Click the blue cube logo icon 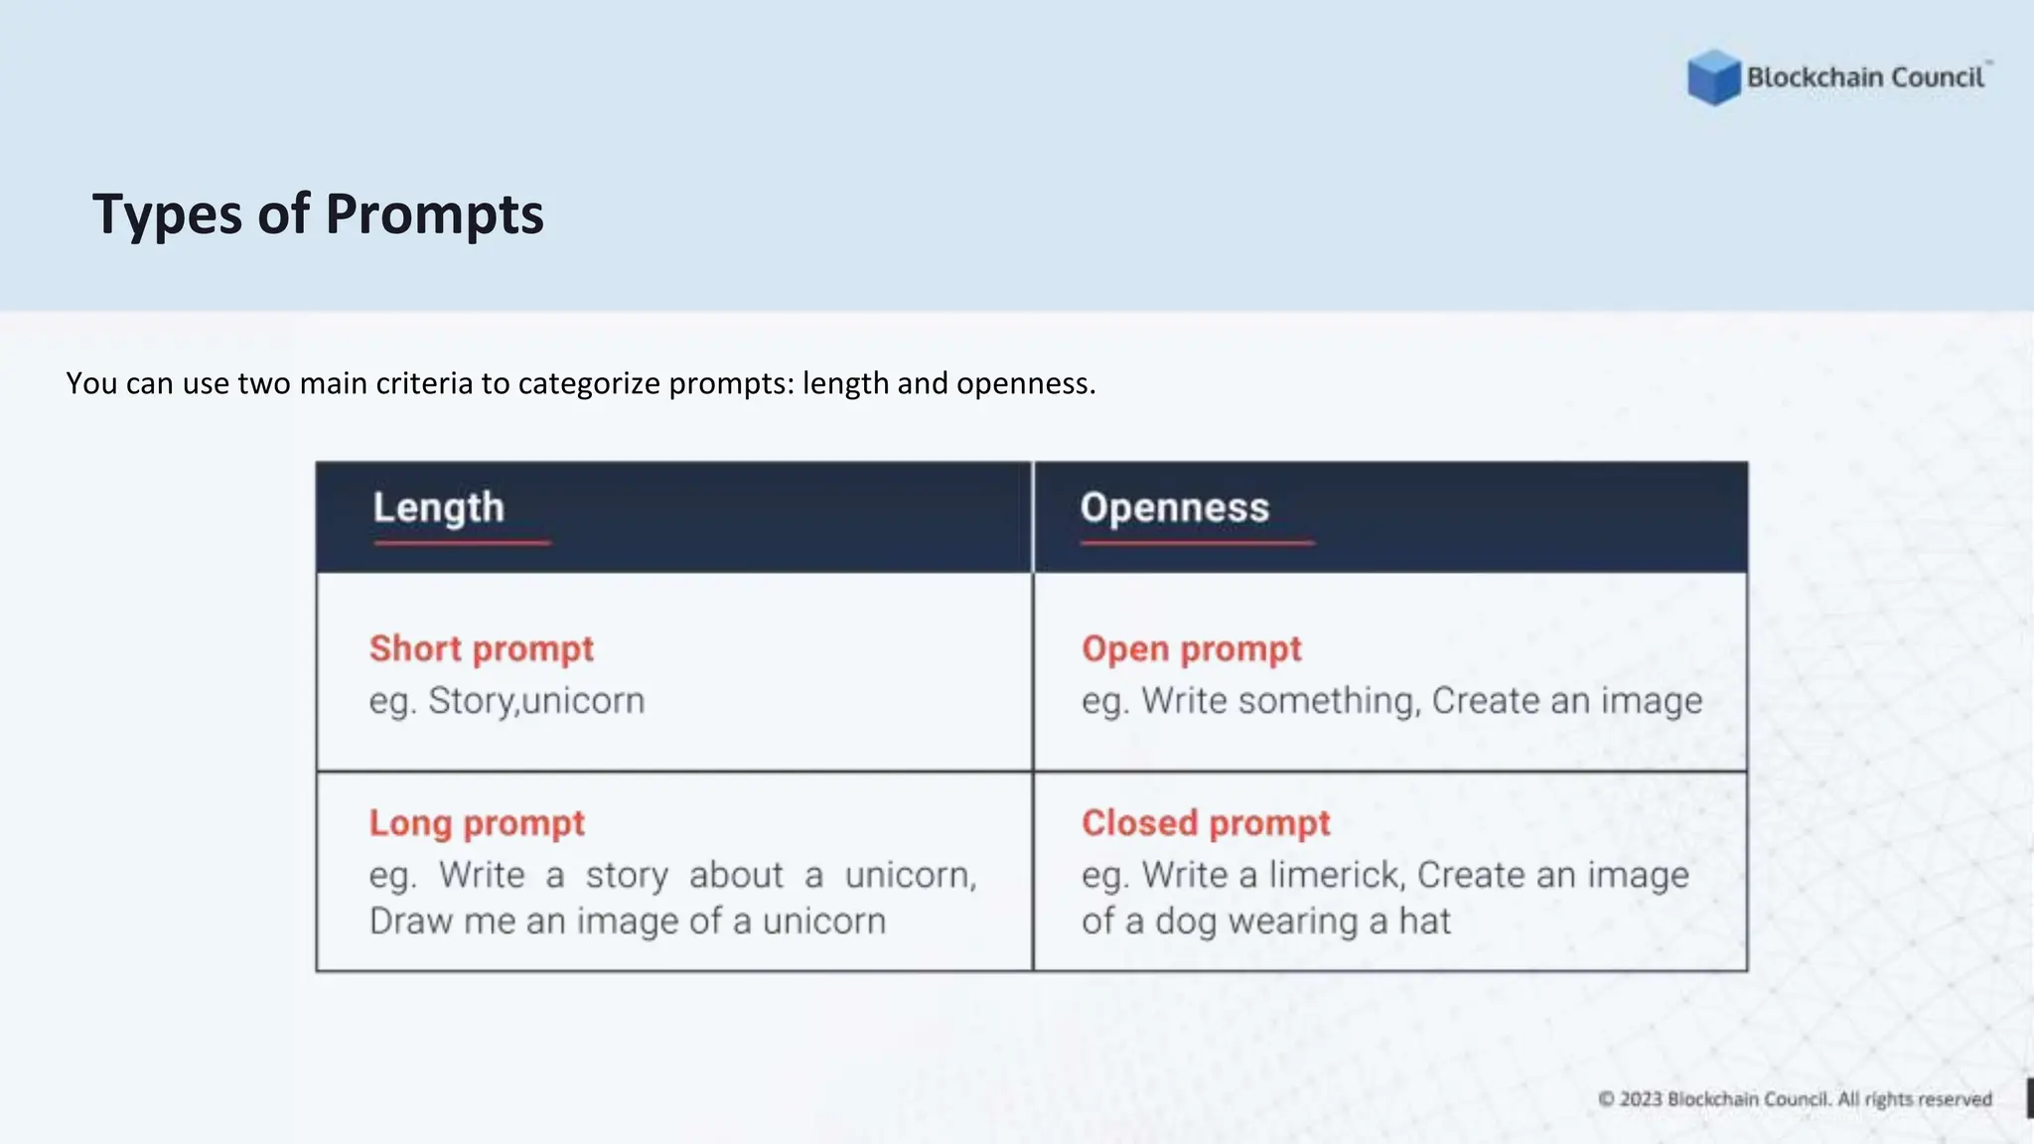pos(1713,77)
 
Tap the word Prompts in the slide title pos(434,214)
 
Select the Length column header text pos(438,507)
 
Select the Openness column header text pos(1174,507)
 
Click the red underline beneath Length pos(462,543)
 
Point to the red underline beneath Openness pos(1197,543)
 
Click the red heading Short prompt pos(481,648)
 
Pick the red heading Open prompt pos(1191,648)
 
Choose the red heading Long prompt pos(477,823)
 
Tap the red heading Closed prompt pos(1205,823)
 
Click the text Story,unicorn pos(536,701)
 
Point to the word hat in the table pos(1425,922)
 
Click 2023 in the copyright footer pos(1641,1099)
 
